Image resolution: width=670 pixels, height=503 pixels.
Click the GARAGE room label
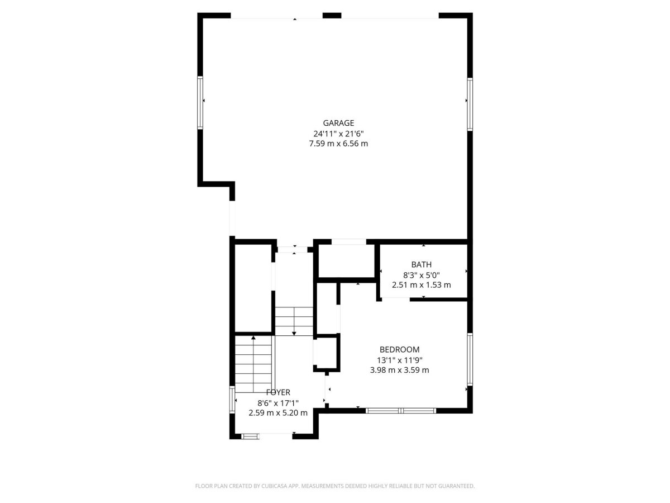click(x=338, y=123)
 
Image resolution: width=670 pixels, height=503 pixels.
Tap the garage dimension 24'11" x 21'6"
click(x=338, y=134)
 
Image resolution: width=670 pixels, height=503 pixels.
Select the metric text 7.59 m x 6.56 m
click(x=338, y=144)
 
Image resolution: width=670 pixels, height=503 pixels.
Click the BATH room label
click(x=421, y=264)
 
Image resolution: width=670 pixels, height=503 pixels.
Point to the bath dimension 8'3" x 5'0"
click(x=421, y=275)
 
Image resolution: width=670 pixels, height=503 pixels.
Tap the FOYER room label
click(x=278, y=392)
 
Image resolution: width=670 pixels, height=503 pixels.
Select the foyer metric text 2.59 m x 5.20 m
click(x=277, y=413)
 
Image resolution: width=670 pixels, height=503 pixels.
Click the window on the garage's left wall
click(x=200, y=103)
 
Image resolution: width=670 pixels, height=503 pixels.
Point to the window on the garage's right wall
click(x=470, y=104)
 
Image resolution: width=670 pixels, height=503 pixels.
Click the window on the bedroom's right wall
click(x=470, y=359)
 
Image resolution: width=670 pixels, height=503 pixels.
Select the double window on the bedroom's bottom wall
click(x=400, y=411)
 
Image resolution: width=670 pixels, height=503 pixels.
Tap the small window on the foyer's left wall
click(x=232, y=400)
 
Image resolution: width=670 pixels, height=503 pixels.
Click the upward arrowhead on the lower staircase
click(x=253, y=338)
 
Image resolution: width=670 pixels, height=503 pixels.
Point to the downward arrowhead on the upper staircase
click(x=294, y=334)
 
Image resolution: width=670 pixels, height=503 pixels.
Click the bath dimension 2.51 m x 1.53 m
click(x=421, y=285)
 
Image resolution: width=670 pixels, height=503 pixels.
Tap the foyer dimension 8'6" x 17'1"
click(x=277, y=403)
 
